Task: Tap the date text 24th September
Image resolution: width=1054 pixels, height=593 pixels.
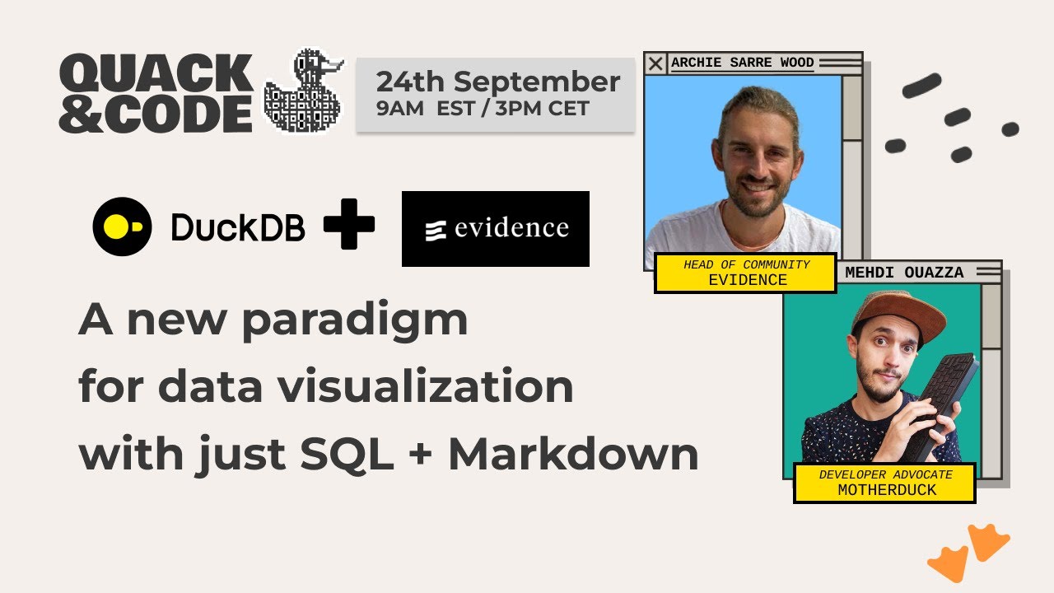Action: (x=497, y=82)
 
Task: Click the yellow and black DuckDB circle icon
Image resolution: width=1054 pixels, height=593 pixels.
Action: (x=122, y=226)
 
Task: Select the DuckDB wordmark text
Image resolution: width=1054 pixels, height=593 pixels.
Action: (x=238, y=227)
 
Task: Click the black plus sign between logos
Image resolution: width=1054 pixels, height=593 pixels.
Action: (x=349, y=223)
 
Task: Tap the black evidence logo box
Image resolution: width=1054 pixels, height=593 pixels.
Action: (x=495, y=228)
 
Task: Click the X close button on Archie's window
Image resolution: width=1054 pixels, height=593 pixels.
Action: (x=655, y=63)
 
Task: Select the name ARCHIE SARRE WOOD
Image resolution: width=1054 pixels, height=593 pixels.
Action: (x=742, y=63)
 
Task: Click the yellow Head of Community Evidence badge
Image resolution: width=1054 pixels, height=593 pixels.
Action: (x=745, y=273)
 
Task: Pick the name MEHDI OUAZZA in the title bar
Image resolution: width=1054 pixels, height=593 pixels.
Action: (x=904, y=273)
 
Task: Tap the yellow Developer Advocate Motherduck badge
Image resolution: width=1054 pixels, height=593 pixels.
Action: (x=884, y=483)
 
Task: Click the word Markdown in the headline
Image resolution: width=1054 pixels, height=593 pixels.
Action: (x=573, y=455)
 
